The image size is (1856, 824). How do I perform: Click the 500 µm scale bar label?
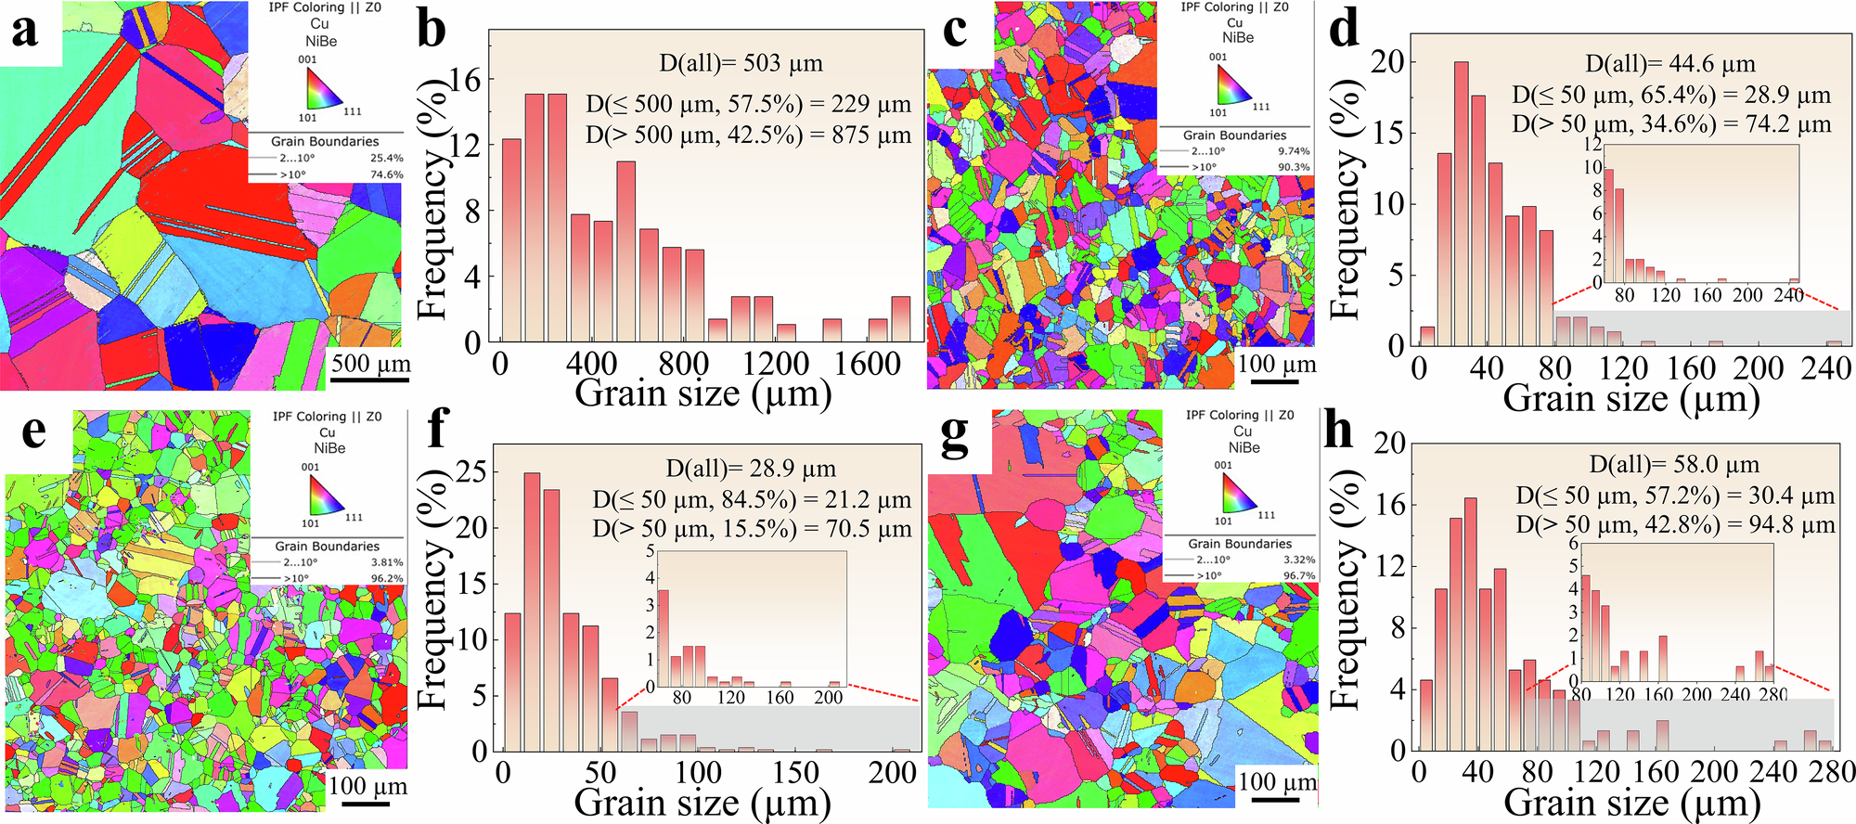click(370, 363)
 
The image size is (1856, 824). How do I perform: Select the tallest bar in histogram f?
click(532, 612)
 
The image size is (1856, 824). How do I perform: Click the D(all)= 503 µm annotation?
click(741, 63)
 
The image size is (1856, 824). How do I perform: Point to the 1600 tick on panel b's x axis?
click(867, 364)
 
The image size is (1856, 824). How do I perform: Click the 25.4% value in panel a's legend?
click(387, 158)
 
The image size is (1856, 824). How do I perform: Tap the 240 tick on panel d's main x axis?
click(1826, 368)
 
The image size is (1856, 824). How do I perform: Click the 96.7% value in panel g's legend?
click(1298, 575)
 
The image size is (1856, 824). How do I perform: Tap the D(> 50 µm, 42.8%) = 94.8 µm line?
click(1675, 525)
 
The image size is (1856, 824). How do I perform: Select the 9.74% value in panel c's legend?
click(1294, 151)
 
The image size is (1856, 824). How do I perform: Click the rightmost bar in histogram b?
click(900, 318)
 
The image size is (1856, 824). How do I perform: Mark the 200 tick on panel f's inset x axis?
click(828, 697)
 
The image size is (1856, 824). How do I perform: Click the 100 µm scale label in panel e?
click(367, 787)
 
